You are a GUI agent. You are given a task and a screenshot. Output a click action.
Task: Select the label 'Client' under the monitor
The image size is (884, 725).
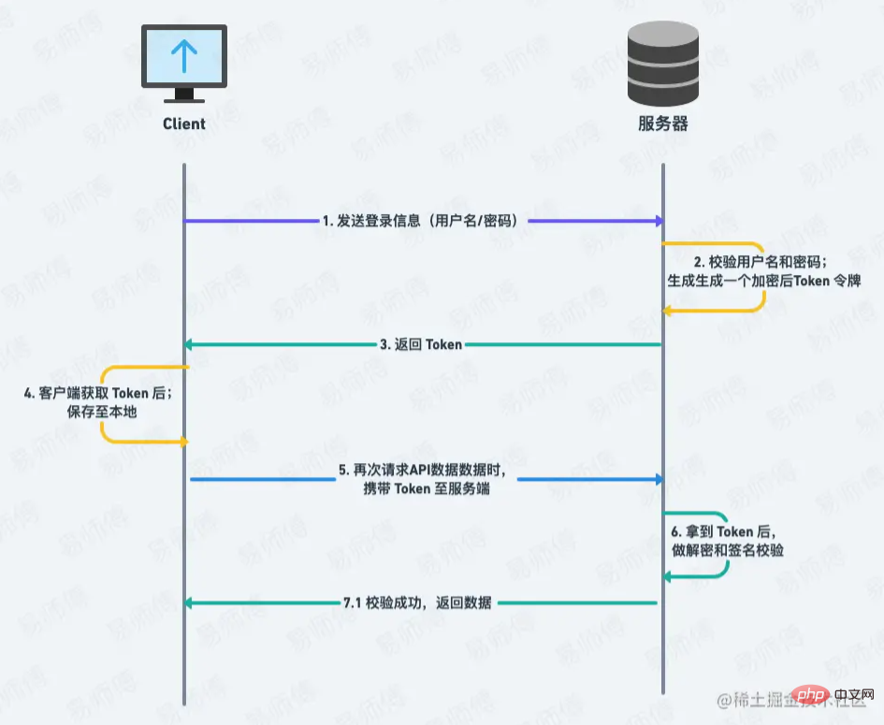[183, 123]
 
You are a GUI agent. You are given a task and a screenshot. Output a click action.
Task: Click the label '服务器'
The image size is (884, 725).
[662, 123]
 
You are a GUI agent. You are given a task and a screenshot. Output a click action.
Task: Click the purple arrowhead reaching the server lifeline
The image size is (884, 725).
[659, 222]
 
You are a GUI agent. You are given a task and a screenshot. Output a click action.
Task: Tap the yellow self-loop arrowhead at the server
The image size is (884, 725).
[668, 311]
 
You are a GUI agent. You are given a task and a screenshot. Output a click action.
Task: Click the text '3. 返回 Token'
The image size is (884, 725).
[421, 344]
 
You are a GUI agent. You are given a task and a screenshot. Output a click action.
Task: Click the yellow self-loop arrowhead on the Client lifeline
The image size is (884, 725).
[184, 441]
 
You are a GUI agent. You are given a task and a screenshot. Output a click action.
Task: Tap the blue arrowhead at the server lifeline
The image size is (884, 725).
[659, 479]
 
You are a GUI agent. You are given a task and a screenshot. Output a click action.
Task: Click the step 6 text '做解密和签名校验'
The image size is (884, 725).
[728, 550]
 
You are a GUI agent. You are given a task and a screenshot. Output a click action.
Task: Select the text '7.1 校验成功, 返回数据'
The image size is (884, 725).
[422, 603]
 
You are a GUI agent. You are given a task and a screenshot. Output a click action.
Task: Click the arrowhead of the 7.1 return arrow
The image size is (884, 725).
[190, 603]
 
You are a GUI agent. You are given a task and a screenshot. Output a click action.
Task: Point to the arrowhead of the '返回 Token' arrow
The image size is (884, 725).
[190, 344]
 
